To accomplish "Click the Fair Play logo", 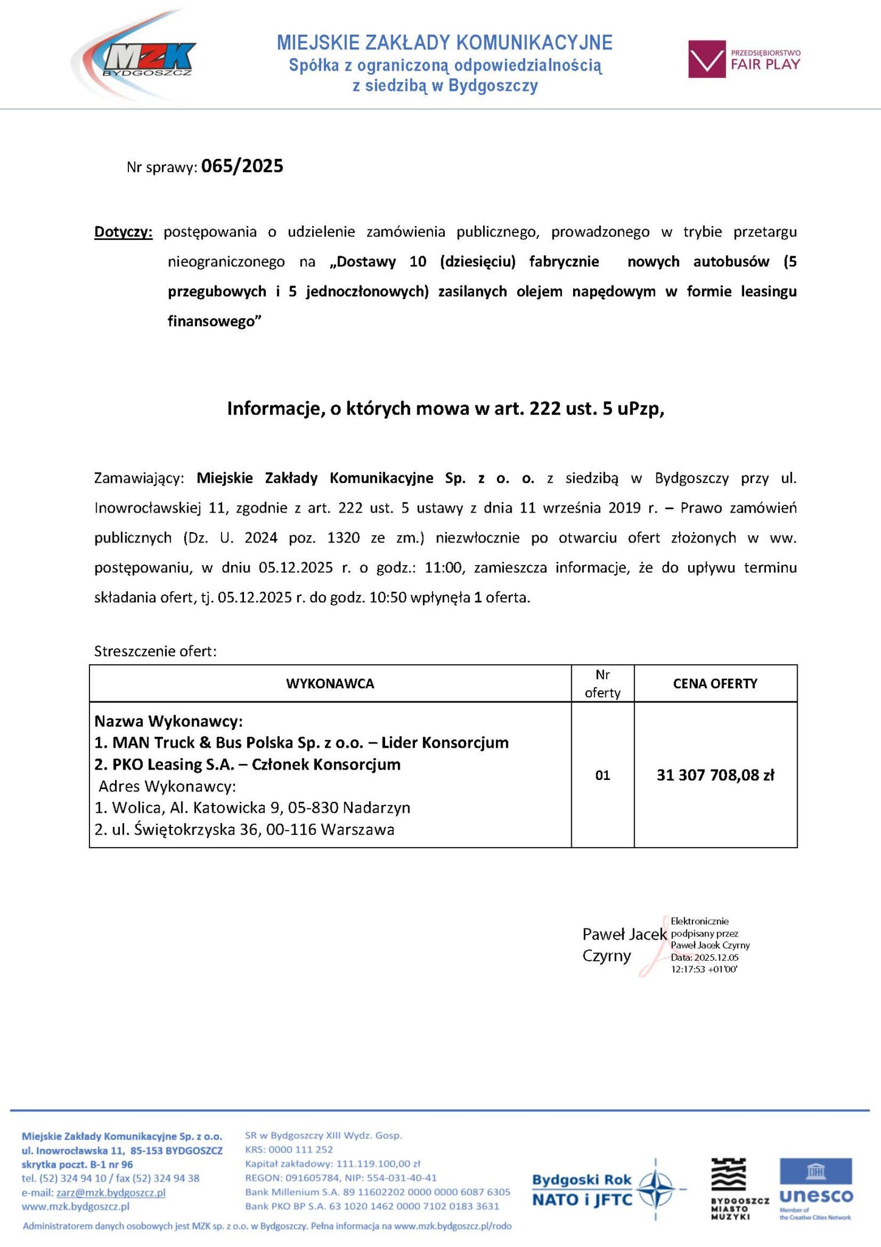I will click(x=744, y=59).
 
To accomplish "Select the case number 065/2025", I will click(x=242, y=166).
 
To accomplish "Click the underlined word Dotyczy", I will click(x=123, y=232).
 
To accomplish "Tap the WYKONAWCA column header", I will click(x=330, y=683).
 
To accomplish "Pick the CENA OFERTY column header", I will click(x=715, y=683).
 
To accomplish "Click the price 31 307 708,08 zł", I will click(x=715, y=775).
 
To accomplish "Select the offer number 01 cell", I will click(x=602, y=775).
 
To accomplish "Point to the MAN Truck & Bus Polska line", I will click(x=302, y=743).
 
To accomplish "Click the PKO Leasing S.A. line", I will click(x=248, y=764).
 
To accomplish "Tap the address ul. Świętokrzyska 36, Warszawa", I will click(x=245, y=829).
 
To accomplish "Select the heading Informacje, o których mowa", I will click(x=445, y=409).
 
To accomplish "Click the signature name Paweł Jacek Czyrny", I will click(x=624, y=944).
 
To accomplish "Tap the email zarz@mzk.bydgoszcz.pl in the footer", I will click(x=111, y=1193).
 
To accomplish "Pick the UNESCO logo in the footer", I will click(x=816, y=1189).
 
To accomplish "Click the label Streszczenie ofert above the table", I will click(x=155, y=652).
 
